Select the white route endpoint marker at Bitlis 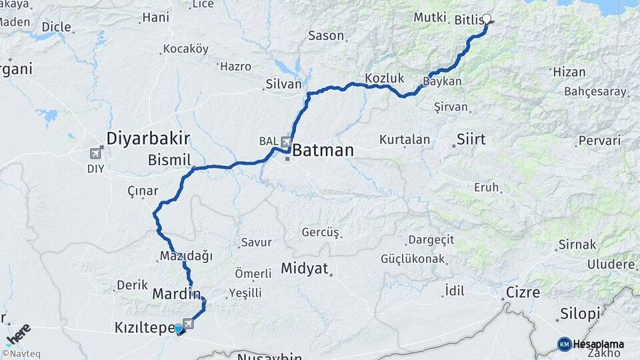pyautogui.click(x=487, y=19)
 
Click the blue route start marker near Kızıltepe pyautogui.click(x=178, y=329)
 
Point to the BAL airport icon pyautogui.click(x=286, y=142)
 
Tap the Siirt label pyautogui.click(x=471, y=140)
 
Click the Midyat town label pyautogui.click(x=305, y=269)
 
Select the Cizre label pyautogui.click(x=523, y=292)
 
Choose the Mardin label pyautogui.click(x=176, y=293)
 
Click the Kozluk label pyautogui.click(x=385, y=78)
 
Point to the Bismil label pyautogui.click(x=169, y=160)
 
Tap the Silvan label pyautogui.click(x=283, y=85)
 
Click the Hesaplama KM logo pyautogui.click(x=591, y=344)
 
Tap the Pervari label pyautogui.click(x=599, y=141)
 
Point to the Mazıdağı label pyautogui.click(x=185, y=256)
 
